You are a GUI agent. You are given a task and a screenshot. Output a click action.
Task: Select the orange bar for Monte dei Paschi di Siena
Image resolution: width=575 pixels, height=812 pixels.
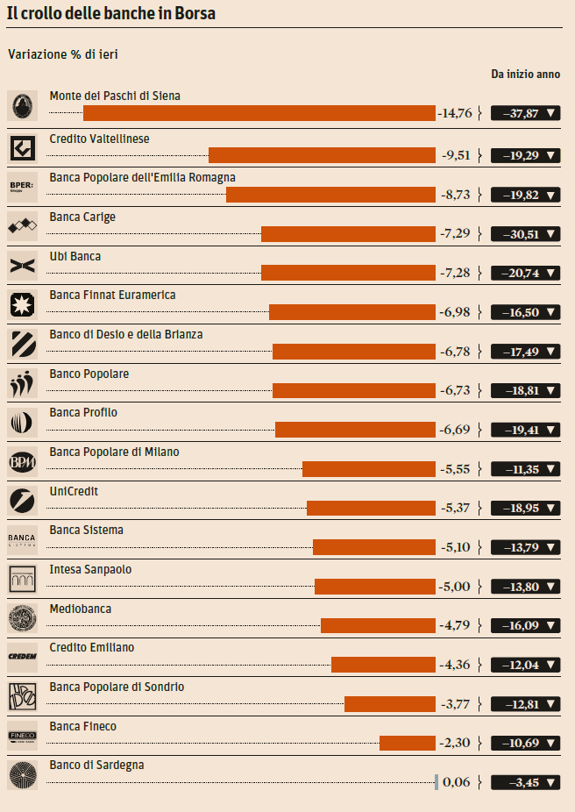259,113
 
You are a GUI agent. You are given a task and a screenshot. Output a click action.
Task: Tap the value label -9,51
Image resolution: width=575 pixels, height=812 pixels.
455,155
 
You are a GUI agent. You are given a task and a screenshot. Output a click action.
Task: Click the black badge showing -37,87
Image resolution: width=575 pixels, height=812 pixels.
526,113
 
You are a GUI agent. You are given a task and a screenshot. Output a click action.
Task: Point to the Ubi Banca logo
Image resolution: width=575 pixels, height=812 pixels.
22,265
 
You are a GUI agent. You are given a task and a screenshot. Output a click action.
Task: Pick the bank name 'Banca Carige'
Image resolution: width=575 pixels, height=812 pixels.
82,217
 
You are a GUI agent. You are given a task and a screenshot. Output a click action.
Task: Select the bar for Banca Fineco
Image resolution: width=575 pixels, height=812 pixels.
407,743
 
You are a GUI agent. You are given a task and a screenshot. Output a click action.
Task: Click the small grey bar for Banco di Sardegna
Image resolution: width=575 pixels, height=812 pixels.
437,782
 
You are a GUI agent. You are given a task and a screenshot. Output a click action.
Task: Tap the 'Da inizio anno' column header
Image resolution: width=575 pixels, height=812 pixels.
525,75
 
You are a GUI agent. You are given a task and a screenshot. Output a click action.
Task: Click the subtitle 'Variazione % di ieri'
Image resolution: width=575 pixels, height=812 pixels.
62,54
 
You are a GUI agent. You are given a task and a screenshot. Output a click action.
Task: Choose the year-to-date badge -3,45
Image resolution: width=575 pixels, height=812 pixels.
526,782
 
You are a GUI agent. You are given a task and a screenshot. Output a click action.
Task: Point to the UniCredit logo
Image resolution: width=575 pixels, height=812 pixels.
22,500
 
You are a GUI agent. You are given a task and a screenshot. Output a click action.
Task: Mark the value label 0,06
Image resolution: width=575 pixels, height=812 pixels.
457,782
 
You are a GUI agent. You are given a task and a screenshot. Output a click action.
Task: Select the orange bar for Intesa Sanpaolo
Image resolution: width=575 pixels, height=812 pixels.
374,587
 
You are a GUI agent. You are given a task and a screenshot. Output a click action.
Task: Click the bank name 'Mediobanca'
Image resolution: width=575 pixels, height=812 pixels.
81,609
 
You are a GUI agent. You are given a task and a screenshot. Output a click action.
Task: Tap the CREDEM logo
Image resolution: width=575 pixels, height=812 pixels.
22,656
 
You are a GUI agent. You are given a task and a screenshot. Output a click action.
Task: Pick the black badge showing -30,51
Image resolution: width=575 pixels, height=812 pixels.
526,234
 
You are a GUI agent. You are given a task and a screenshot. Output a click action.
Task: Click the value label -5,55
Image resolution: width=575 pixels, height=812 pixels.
455,469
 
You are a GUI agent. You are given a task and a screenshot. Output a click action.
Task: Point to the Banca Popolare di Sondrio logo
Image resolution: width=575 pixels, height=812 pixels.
22,695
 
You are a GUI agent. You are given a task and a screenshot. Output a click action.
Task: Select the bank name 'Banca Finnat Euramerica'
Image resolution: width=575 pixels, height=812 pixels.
112,295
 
